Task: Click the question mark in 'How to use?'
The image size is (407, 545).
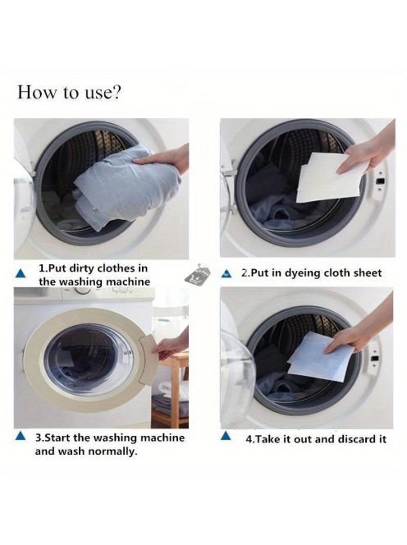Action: [116, 93]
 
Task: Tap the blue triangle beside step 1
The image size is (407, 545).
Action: [21, 273]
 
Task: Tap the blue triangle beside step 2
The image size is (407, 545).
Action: [226, 274]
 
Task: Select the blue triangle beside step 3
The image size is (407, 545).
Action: [21, 436]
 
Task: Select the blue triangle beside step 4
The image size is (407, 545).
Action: [226, 436]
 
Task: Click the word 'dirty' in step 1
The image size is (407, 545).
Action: [82, 268]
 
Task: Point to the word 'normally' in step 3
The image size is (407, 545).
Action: [112, 451]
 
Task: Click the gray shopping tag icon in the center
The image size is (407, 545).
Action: [197, 275]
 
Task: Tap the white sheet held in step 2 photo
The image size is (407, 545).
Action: [332, 178]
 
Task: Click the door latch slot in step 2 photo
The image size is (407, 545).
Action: [381, 181]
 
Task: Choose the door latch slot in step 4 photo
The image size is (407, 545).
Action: [374, 359]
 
